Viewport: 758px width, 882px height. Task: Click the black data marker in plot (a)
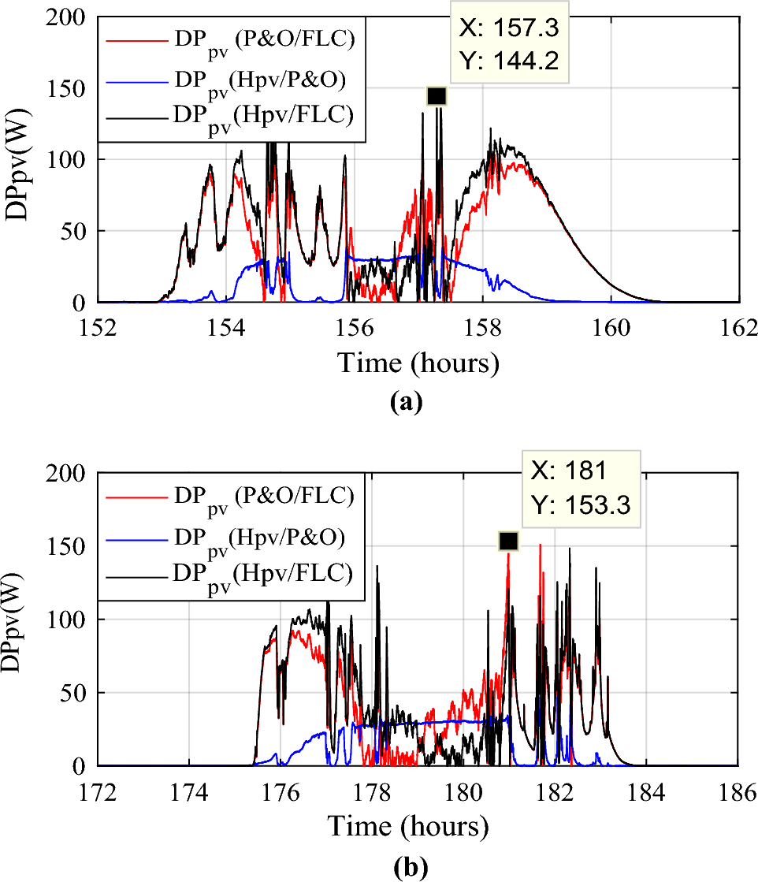437,96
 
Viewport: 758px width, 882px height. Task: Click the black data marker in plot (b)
508,541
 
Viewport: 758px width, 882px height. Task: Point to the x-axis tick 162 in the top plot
739,327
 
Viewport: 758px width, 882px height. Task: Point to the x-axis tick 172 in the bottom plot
98,791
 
